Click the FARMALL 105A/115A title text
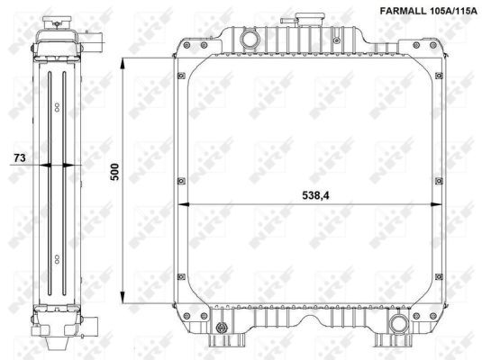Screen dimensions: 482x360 429,12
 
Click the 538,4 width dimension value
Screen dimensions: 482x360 315,195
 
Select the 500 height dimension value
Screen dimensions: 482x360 114,172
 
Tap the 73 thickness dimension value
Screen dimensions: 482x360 20,157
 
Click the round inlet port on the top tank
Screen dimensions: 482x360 250,40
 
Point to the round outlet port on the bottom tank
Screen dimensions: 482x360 399,323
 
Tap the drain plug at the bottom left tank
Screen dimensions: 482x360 222,328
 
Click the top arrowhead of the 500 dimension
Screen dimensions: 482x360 123,65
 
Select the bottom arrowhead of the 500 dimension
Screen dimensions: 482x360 123,297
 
